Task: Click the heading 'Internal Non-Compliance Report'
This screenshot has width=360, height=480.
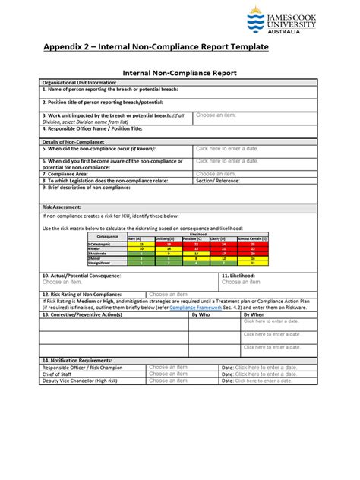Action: (179, 73)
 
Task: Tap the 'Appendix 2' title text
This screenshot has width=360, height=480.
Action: (155, 47)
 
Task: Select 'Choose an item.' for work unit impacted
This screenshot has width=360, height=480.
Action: (216, 115)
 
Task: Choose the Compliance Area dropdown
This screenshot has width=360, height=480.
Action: (216, 174)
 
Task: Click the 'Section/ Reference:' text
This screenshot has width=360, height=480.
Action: (218, 181)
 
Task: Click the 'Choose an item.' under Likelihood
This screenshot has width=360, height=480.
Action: (242, 283)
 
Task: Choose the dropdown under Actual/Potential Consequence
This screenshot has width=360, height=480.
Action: (62, 283)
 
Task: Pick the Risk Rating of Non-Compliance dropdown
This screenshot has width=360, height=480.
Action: (169, 294)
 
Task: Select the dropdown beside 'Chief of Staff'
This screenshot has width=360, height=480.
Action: (169, 374)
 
